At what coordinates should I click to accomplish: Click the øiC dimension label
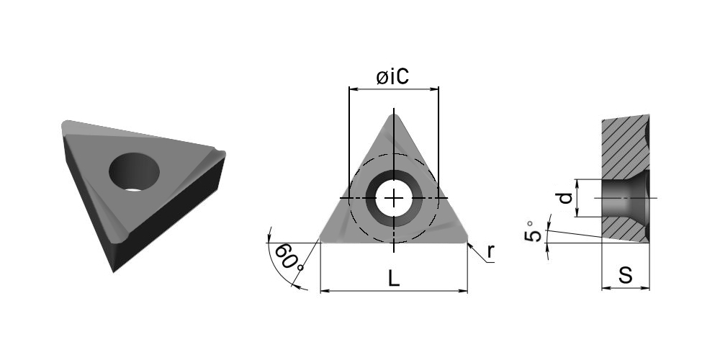point(392,76)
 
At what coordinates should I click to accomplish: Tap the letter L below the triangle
point(394,278)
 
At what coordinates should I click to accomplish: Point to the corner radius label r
point(491,251)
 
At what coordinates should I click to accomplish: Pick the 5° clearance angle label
point(533,231)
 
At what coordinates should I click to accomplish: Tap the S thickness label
point(626,275)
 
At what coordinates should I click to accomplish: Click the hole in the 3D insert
point(134,172)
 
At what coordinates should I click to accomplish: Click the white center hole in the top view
point(394,199)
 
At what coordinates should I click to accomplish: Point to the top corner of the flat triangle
point(394,114)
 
